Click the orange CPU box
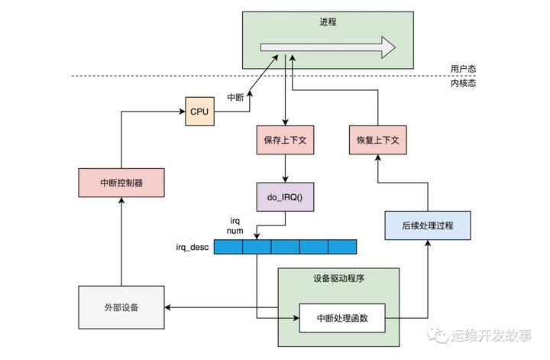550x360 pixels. pos(199,112)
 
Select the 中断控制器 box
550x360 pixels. pos(121,183)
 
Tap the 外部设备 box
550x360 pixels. pos(121,306)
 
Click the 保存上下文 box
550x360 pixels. pos(285,142)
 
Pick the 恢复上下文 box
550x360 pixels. pos(378,142)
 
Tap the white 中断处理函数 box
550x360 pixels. pos(342,317)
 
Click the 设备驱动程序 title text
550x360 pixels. pos(338,279)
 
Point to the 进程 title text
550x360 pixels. pos(328,23)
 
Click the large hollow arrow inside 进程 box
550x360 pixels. pos(328,48)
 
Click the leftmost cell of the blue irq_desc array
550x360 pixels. pos(228,247)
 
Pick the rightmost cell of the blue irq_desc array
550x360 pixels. pos(342,247)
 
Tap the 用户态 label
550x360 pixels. pos(463,69)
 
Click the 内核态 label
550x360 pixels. pos(463,84)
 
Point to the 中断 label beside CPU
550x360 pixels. pos(236,97)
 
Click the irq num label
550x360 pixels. pos(235,225)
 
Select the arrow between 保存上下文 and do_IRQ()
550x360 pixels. pos(285,167)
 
